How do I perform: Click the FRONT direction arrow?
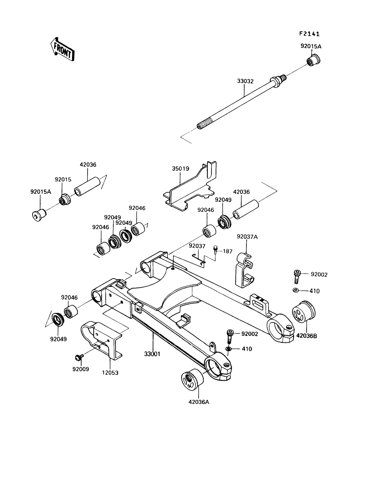click(x=62, y=49)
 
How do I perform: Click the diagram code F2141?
click(x=309, y=34)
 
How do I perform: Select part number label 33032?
click(x=245, y=81)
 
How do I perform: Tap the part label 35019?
click(x=180, y=169)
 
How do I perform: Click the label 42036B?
click(x=306, y=336)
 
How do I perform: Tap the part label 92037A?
click(x=247, y=237)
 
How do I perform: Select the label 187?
click(x=228, y=251)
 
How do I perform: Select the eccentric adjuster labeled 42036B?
click(x=304, y=311)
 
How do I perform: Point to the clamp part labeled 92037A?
click(x=244, y=270)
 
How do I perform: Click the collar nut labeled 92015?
click(x=65, y=199)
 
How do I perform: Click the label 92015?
click(x=63, y=179)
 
